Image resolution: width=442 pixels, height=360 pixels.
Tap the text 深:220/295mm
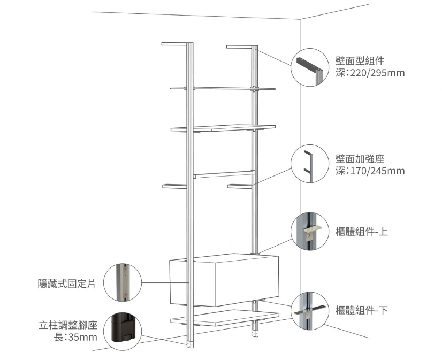[x=370, y=72]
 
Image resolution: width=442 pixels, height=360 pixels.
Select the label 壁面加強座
[x=360, y=159]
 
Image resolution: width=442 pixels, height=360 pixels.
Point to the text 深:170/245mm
[x=370, y=171]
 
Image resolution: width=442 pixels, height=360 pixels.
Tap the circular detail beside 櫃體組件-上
[x=310, y=232]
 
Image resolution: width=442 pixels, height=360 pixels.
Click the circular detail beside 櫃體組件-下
[x=310, y=310]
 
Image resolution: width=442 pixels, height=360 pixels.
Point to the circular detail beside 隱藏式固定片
[x=122, y=282]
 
